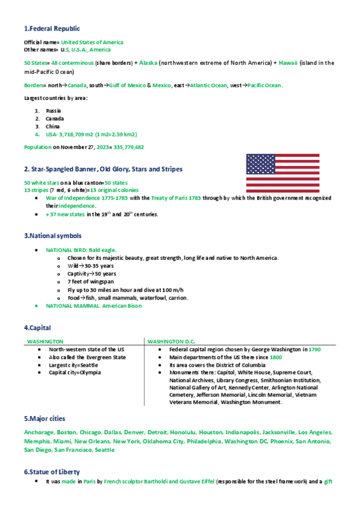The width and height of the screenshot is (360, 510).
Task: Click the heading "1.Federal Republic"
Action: click(52, 29)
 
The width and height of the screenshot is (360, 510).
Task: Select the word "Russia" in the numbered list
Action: click(53, 111)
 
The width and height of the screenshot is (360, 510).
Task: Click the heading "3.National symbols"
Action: click(53, 236)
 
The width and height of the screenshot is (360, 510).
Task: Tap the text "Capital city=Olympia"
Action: click(75, 372)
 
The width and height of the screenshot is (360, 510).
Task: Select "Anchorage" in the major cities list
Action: click(38, 432)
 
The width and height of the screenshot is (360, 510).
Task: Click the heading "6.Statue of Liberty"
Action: click(52, 472)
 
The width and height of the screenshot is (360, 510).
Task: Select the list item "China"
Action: click(53, 126)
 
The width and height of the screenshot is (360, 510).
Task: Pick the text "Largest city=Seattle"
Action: click(73, 364)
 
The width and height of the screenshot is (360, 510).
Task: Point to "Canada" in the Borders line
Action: click(77, 85)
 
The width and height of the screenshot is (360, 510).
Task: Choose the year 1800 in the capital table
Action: click(276, 357)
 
